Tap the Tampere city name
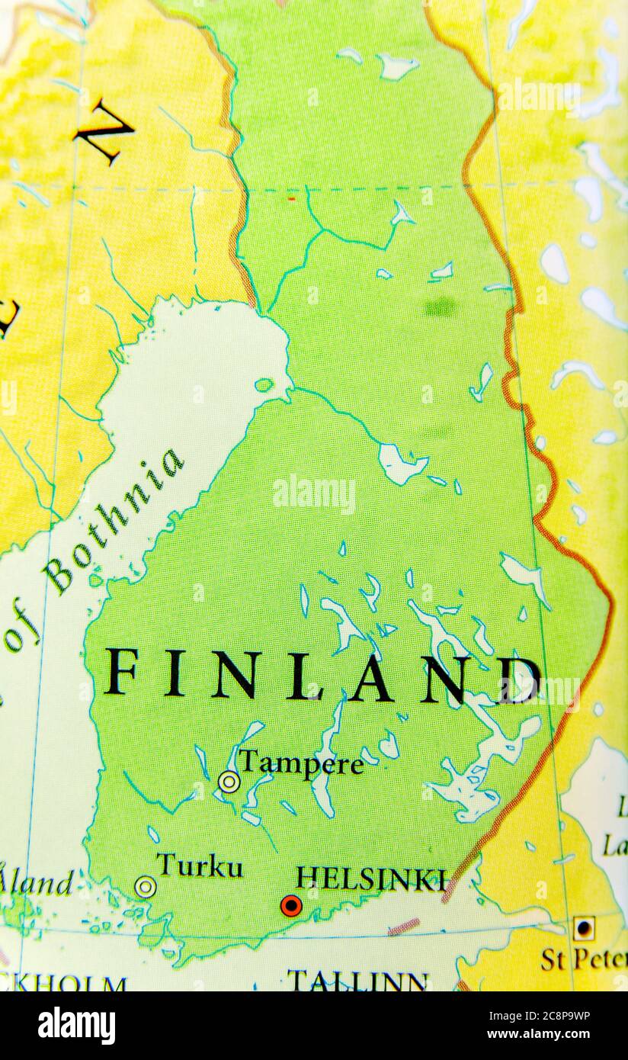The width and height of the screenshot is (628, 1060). tap(300, 763)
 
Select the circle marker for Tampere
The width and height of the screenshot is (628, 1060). tap(229, 782)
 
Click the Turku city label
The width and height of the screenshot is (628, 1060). tap(200, 866)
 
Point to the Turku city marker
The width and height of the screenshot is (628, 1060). tap(145, 887)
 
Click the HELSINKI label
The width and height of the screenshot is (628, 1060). tap(370, 879)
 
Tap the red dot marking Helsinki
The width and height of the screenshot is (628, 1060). tap(291, 906)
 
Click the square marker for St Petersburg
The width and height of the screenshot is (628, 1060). tap(584, 929)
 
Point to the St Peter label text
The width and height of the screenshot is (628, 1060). tap(583, 960)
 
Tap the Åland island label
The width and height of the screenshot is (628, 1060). tap(37, 882)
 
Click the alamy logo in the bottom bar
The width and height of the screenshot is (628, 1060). tap(76, 1026)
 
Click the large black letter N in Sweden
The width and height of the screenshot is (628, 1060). tap(104, 131)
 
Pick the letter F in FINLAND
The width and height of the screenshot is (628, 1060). tap(121, 671)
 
